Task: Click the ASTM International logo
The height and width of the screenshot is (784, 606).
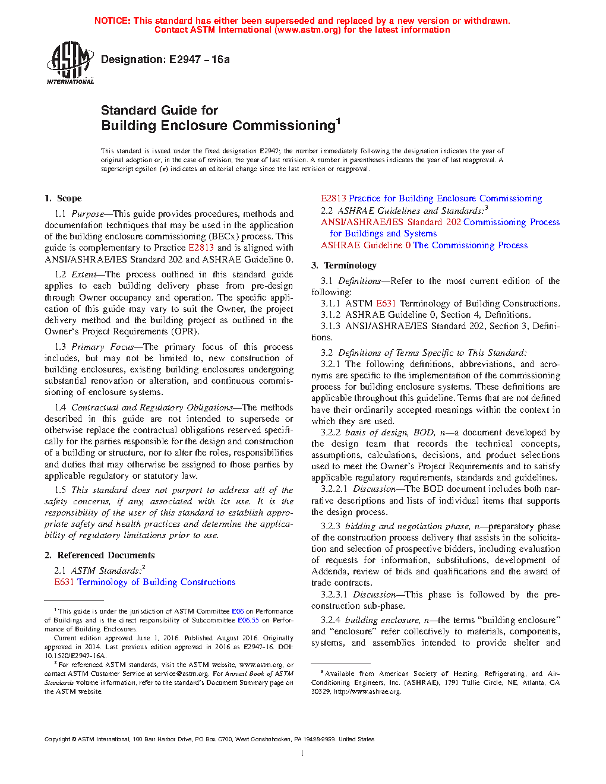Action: [x=70, y=62]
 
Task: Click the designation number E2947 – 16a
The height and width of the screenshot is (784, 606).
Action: [x=199, y=59]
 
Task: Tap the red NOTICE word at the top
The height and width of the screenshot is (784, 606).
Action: [x=112, y=21]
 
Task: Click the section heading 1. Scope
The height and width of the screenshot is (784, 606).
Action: [x=63, y=198]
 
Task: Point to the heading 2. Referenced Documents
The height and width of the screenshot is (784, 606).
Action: [x=99, y=555]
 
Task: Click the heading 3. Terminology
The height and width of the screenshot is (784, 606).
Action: [x=344, y=265]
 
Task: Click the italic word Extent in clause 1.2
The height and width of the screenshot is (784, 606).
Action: [x=84, y=274]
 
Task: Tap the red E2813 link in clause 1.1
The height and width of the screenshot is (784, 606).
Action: [x=201, y=248]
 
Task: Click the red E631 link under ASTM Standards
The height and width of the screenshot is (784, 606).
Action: [x=64, y=582]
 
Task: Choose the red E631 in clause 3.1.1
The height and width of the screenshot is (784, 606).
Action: [x=386, y=304]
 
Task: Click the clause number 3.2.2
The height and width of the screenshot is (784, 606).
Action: [x=330, y=432]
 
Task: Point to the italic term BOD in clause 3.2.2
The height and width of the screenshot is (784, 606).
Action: [x=424, y=432]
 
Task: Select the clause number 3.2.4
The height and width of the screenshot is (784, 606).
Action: [x=330, y=620]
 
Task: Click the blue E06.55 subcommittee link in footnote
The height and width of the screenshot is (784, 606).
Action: [x=248, y=620]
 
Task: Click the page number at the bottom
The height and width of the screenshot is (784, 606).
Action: [x=302, y=754]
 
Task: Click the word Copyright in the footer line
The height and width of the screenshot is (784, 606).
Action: [x=58, y=739]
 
